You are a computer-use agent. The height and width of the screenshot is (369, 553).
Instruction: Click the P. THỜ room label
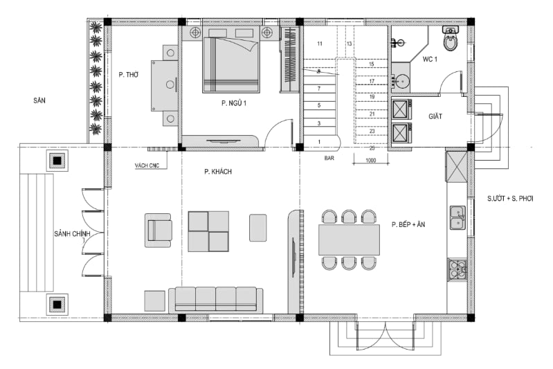128,75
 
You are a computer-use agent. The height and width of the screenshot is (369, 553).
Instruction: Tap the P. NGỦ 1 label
234,103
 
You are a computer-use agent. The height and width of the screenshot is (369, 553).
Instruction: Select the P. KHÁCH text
218,172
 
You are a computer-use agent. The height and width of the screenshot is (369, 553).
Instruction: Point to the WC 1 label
430,60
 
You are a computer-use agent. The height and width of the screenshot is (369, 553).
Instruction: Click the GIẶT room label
435,116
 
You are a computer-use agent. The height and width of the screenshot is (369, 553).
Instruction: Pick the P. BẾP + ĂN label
408,224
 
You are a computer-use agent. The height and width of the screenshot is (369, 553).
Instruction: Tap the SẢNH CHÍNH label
72,234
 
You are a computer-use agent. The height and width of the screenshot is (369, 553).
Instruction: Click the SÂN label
39,100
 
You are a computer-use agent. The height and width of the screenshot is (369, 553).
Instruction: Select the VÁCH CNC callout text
147,165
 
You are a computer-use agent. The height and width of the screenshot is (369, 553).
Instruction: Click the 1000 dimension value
371,161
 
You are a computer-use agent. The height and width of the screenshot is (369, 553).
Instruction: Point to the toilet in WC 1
451,38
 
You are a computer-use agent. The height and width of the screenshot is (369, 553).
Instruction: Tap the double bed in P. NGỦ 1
231,64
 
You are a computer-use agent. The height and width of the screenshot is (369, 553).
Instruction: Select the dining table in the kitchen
349,240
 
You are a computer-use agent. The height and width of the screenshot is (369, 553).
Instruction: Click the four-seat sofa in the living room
215,300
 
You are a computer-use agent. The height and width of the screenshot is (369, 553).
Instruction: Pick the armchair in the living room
158,230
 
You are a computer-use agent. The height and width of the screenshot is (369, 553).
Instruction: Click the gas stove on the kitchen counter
457,269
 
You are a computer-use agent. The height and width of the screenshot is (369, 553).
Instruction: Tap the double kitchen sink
457,217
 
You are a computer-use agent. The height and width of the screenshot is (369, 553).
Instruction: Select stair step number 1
319,142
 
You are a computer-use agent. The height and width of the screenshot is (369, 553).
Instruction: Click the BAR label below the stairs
329,159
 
